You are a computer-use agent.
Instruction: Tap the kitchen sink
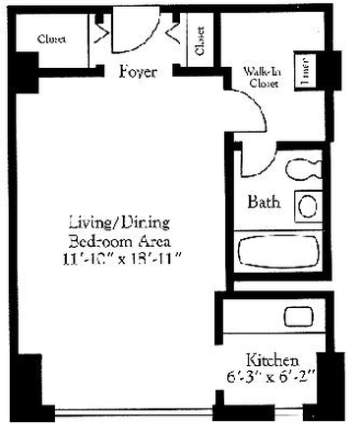(297, 317)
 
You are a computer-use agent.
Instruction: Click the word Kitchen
(271, 360)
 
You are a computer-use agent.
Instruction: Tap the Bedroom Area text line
(123, 240)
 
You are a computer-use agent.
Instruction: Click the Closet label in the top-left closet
(51, 39)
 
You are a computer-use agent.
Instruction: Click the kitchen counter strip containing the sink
(279, 317)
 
